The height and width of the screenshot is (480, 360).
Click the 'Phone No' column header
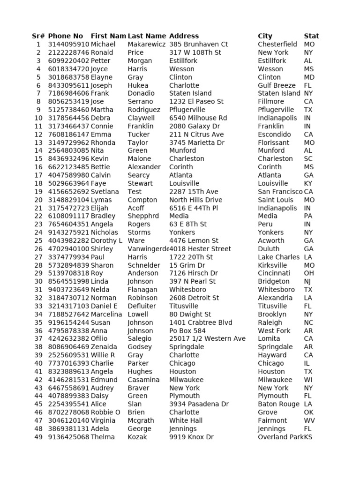click(66, 36)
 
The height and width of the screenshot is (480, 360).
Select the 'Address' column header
click(184, 36)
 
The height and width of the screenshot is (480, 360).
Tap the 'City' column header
click(265, 36)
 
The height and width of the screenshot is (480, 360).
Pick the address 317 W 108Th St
click(195, 52)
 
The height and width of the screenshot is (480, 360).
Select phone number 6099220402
click(68, 60)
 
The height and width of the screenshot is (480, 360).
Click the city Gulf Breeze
click(277, 85)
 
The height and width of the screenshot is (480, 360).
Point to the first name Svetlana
click(105, 191)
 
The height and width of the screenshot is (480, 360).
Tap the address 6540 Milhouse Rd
click(198, 118)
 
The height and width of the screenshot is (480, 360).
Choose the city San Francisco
click(280, 191)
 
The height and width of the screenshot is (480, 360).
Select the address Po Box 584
click(187, 330)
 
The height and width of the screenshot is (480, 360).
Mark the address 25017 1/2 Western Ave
click(207, 338)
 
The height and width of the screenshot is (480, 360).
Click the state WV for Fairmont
click(309, 420)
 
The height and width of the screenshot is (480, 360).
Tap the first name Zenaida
click(104, 347)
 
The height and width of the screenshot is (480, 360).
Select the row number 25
click(38, 240)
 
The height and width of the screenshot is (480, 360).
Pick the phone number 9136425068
click(68, 437)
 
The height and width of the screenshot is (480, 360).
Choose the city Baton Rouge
click(278, 404)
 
